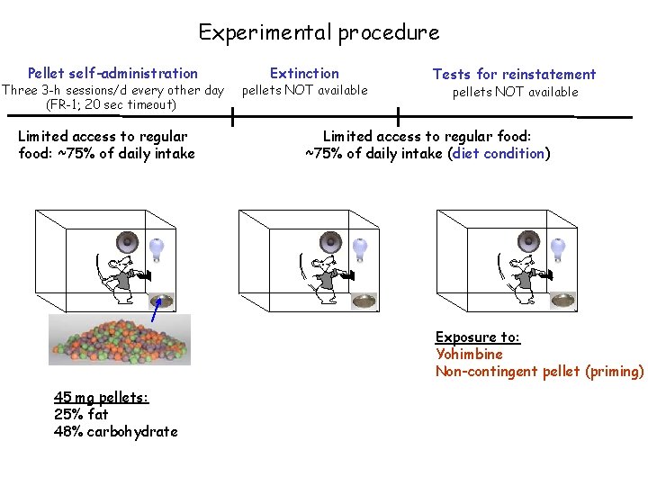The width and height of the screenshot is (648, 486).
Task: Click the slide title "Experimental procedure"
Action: tap(319, 33)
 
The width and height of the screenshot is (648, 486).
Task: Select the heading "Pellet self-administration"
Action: tap(112, 73)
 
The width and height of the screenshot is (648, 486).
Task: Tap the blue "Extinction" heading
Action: tap(304, 73)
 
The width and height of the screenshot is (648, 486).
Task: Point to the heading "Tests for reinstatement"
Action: tap(514, 74)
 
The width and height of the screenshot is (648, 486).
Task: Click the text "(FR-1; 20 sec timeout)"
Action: tap(112, 104)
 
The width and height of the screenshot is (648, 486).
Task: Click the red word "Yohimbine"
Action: tap(469, 354)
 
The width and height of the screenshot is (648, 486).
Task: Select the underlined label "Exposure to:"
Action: tap(477, 337)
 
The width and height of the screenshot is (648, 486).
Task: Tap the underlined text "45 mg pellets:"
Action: tap(101, 398)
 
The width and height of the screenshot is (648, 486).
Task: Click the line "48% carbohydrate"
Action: tap(115, 431)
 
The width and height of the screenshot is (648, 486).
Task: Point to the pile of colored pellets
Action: tap(119, 338)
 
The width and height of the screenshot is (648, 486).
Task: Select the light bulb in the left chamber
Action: tap(158, 247)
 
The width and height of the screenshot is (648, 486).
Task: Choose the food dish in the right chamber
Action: tap(563, 301)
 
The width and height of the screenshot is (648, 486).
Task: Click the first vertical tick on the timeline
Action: tap(233, 116)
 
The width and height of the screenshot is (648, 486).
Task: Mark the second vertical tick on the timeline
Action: tap(398, 116)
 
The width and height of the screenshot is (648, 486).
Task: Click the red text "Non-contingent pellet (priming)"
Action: tap(539, 371)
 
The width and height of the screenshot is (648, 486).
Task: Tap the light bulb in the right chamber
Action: tap(558, 247)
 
